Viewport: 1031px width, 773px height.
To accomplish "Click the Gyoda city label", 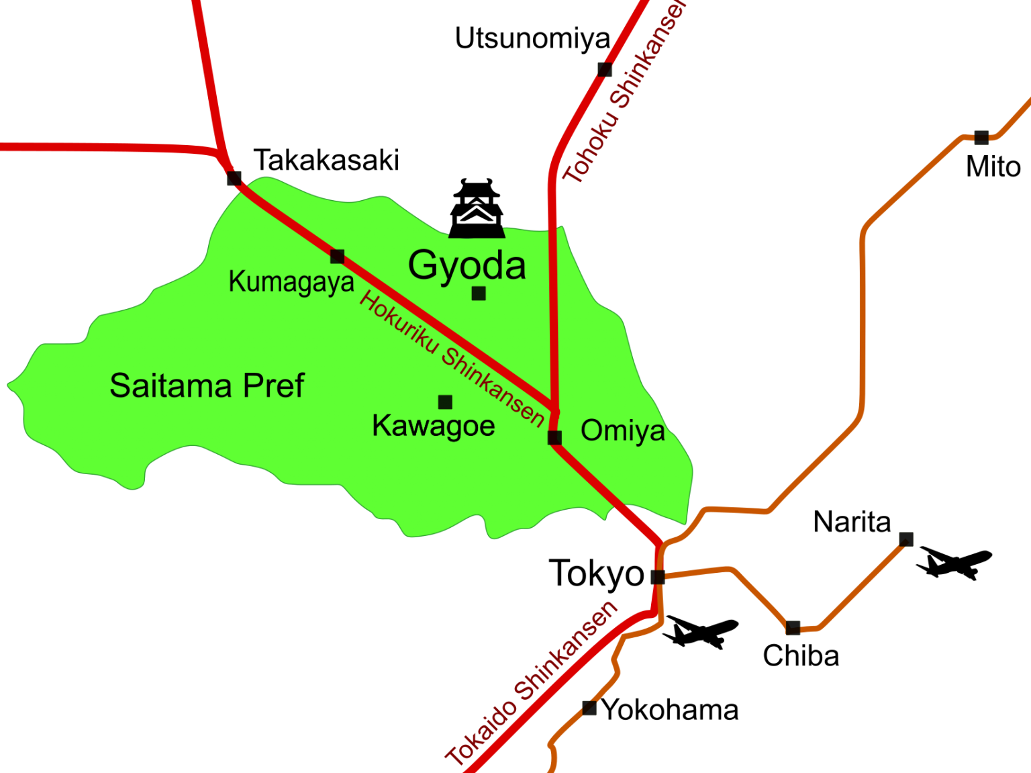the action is [467, 266].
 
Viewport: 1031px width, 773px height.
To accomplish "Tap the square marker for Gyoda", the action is [479, 293].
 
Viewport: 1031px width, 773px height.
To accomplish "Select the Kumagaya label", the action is [291, 282].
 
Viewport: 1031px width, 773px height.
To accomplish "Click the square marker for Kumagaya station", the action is [338, 257].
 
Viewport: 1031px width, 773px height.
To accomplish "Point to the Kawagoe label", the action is [434, 426].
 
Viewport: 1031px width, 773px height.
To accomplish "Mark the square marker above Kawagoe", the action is [445, 402].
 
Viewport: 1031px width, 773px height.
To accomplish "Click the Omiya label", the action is [623, 431].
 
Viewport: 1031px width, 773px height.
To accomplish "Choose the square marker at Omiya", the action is [554, 438].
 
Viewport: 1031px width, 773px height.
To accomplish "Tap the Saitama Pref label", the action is [207, 386].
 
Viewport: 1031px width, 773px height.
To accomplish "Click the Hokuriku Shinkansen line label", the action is [452, 359].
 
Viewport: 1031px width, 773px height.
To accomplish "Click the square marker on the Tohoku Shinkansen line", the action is [604, 69].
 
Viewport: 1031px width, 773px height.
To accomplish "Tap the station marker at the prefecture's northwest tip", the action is [234, 179].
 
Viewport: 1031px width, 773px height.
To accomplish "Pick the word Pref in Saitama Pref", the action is [273, 386].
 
